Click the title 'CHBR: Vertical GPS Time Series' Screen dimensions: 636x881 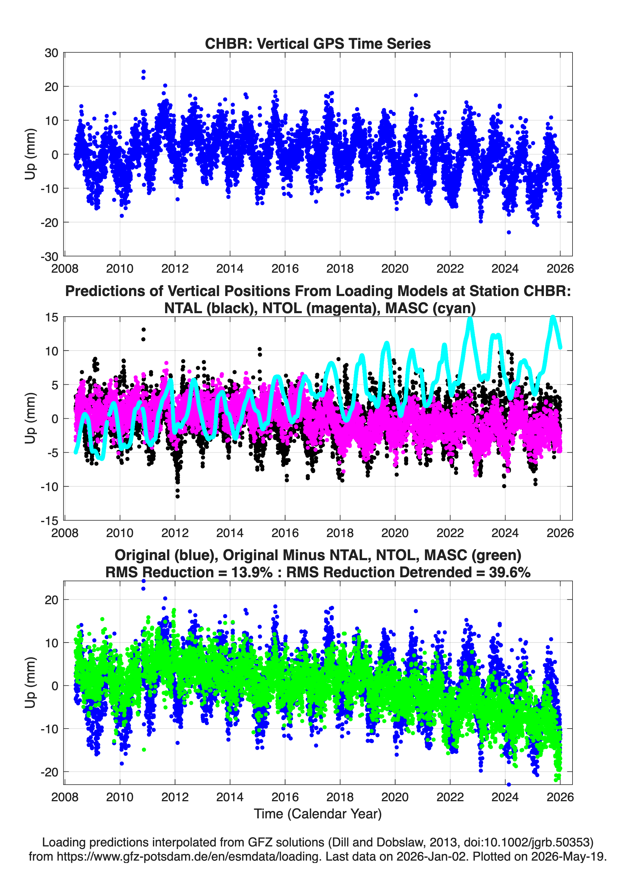pyautogui.click(x=318, y=43)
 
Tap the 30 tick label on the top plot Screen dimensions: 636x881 pyautogui.click(x=51, y=53)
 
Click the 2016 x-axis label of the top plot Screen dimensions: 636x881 pyautogui.click(x=285, y=269)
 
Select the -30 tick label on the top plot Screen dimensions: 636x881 pyautogui.click(x=49, y=256)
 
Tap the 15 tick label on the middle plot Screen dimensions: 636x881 pyautogui.click(x=52, y=317)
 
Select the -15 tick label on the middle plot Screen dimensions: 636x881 pyautogui.click(x=49, y=521)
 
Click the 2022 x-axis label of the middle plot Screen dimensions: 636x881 pyautogui.click(x=450, y=533)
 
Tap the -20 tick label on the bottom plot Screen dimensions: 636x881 pyautogui.click(x=49, y=772)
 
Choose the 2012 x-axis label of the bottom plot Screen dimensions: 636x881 pyautogui.click(x=175, y=797)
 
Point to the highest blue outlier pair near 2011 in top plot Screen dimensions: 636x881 pyautogui.click(x=143, y=74)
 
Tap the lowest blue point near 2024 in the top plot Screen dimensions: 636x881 pyautogui.click(x=509, y=232)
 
